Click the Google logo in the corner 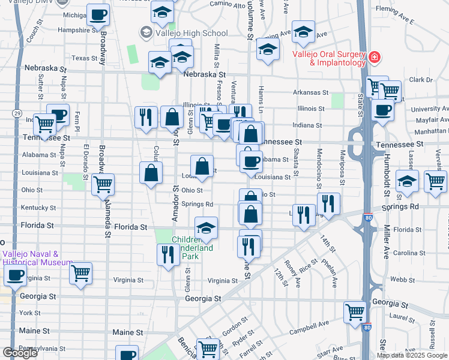tap(20, 353)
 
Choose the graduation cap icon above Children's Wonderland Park tap(206, 228)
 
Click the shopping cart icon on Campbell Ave tap(355, 312)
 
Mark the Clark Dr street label tap(421, 79)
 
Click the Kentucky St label tap(38, 208)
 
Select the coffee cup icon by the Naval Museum tap(15, 275)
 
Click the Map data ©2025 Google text tap(411, 355)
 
